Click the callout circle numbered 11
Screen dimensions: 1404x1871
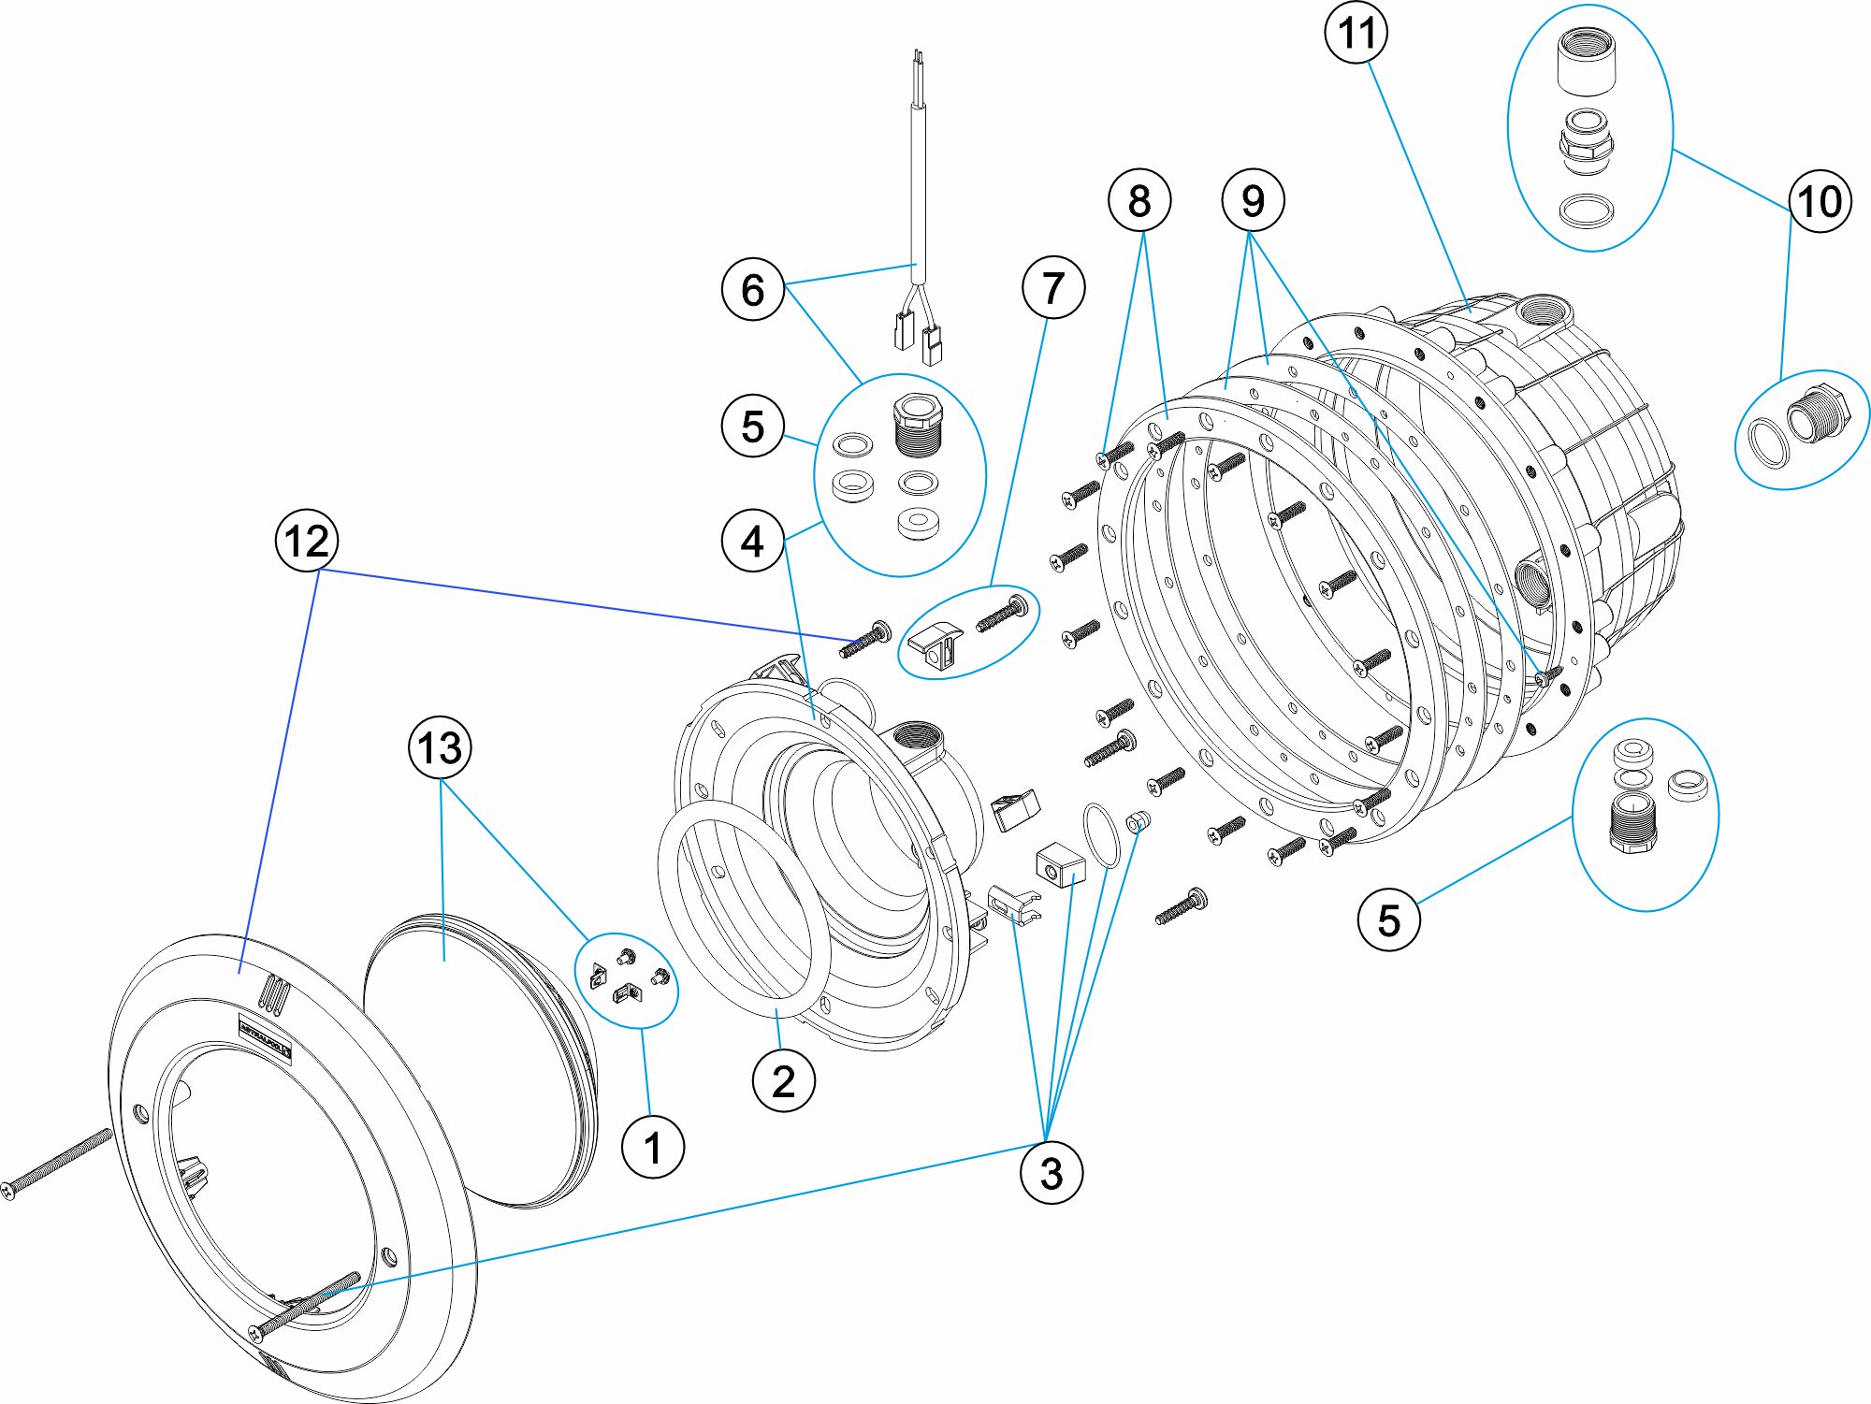click(1356, 33)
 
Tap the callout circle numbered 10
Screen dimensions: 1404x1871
click(1820, 201)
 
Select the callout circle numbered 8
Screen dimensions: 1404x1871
click(1139, 200)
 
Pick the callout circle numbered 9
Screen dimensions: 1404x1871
click(1253, 200)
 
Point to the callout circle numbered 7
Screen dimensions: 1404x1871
click(1053, 287)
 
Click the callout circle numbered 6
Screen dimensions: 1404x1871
click(752, 290)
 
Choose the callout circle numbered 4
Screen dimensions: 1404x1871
click(752, 542)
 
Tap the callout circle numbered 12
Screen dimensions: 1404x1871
click(306, 541)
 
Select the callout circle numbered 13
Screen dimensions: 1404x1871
click(440, 747)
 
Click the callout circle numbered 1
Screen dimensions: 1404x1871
click(653, 1147)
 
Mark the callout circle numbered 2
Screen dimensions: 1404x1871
click(783, 1081)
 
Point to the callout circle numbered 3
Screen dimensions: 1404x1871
click(1052, 1173)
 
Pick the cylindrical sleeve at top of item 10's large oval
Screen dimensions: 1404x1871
click(1587, 61)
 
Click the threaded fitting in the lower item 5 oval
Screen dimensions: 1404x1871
click(1633, 820)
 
